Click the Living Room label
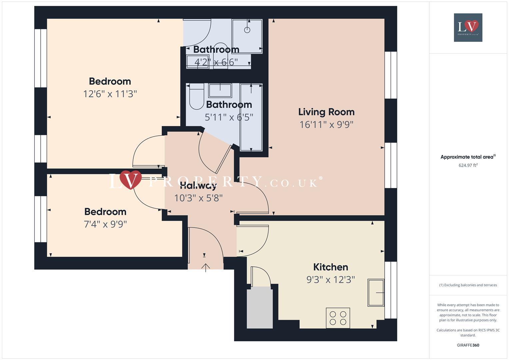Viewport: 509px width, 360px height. pos(326,112)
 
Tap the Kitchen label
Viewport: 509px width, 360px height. pos(330,267)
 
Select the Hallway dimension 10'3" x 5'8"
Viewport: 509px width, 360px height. pos(198,198)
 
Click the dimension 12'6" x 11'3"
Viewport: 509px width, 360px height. pos(110,94)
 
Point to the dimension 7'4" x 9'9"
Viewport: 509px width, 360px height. pos(105,224)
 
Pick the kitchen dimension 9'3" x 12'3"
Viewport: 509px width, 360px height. pos(330,280)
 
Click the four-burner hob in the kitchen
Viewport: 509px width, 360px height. pos(338,318)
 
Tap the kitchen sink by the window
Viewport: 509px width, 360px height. pos(376,293)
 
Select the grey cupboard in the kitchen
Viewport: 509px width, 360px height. pos(260,308)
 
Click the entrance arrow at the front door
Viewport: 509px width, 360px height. pos(206,267)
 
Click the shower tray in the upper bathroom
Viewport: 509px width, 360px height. pos(247,36)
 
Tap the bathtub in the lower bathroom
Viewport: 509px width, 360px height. pos(251,117)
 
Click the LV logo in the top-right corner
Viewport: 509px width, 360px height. pos(468,28)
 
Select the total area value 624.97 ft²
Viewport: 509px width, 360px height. pos(468,165)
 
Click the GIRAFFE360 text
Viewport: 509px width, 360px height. pos(468,345)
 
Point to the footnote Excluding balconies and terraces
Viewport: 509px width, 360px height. pos(468,285)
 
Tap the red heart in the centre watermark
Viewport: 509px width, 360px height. pos(130,179)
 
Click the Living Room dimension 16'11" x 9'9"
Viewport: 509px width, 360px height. pos(326,125)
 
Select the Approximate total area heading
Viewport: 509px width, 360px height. pos(467,157)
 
